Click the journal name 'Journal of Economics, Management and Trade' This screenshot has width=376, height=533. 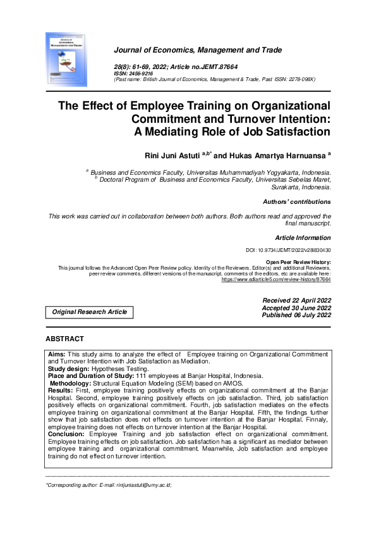click(x=198, y=50)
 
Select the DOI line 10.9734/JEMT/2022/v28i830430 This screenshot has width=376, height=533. click(x=288, y=251)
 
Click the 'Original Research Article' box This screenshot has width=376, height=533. click(x=89, y=311)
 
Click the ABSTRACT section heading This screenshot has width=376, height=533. click(x=64, y=339)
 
